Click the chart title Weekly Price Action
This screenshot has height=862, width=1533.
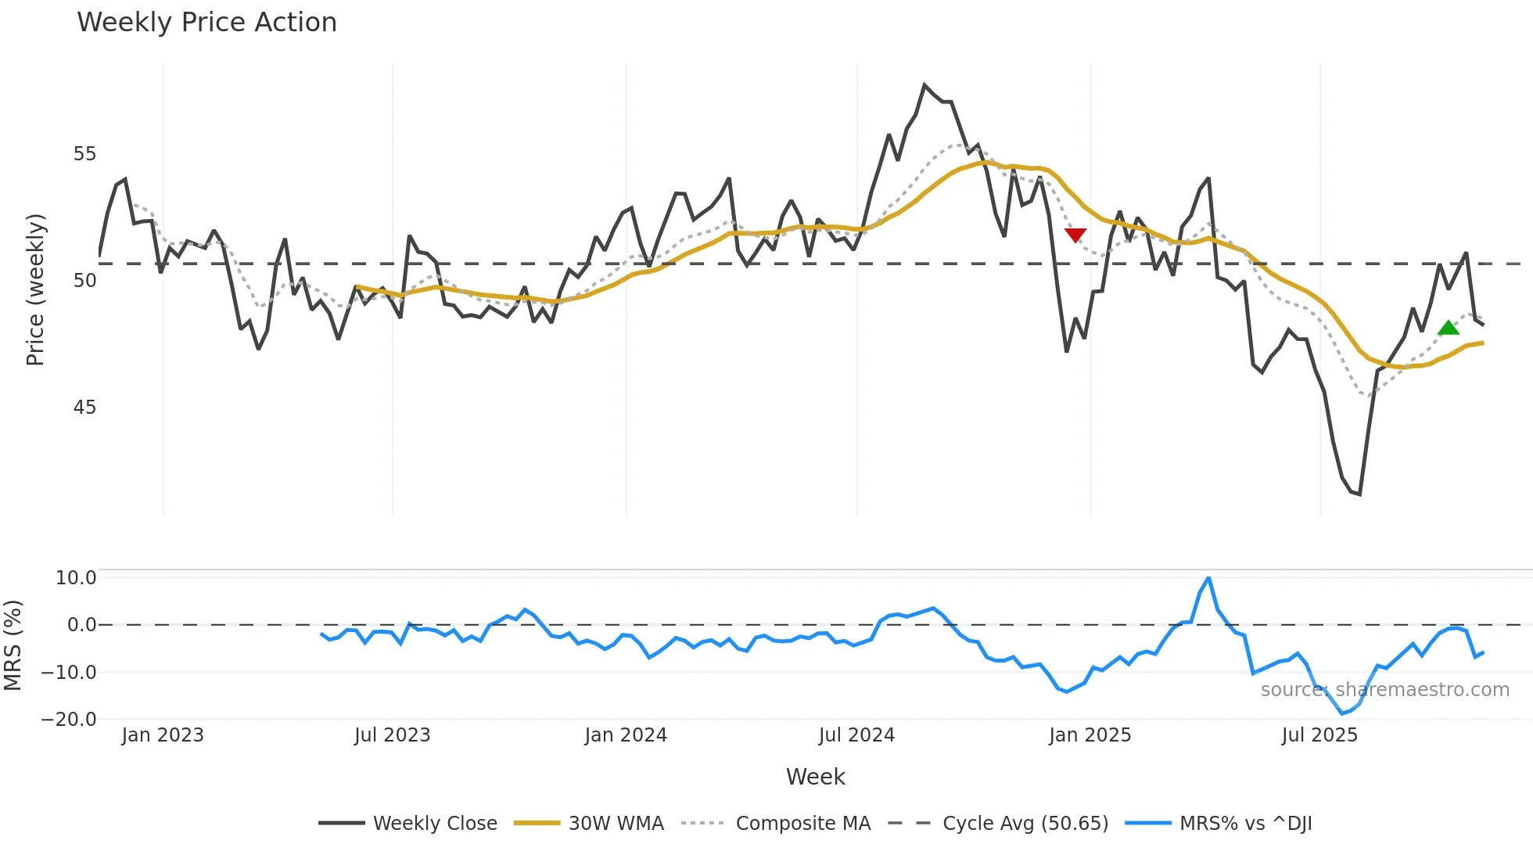206,23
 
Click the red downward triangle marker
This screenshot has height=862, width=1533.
1075,235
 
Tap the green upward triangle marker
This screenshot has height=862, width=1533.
1449,328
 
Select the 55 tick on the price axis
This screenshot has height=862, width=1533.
84,154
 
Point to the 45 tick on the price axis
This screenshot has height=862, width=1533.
84,408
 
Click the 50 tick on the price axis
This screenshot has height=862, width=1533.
84,281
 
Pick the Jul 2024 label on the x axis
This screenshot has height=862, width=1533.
856,735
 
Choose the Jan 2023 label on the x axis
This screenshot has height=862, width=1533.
163,735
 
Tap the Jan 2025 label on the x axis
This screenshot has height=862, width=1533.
1090,735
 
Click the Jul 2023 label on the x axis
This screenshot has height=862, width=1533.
392,735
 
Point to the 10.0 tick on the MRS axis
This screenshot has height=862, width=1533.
76,578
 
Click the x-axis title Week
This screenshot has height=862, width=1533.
815,777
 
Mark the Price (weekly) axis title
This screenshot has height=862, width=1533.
35,289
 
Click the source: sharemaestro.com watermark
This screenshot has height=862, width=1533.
1384,690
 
